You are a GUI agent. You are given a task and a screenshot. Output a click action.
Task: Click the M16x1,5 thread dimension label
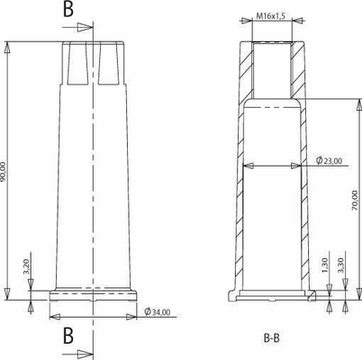pos(270,16)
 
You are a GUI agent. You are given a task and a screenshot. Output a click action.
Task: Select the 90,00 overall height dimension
pos(4,172)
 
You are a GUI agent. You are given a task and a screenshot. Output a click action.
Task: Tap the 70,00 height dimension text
pos(355,200)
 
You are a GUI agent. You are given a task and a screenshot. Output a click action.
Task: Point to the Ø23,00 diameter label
pos(329,161)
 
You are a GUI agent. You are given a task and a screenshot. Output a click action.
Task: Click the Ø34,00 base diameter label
pos(158,312)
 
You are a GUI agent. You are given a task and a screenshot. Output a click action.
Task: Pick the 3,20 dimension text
pos(26,267)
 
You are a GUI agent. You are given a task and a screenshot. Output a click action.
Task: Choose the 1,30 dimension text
pos(325,265)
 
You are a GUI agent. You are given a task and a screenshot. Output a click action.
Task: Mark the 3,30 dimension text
pos(341,265)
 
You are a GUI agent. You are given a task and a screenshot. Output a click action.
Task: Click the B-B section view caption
pos(272,338)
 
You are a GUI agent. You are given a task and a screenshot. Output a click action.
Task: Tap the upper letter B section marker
pos(68,9)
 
